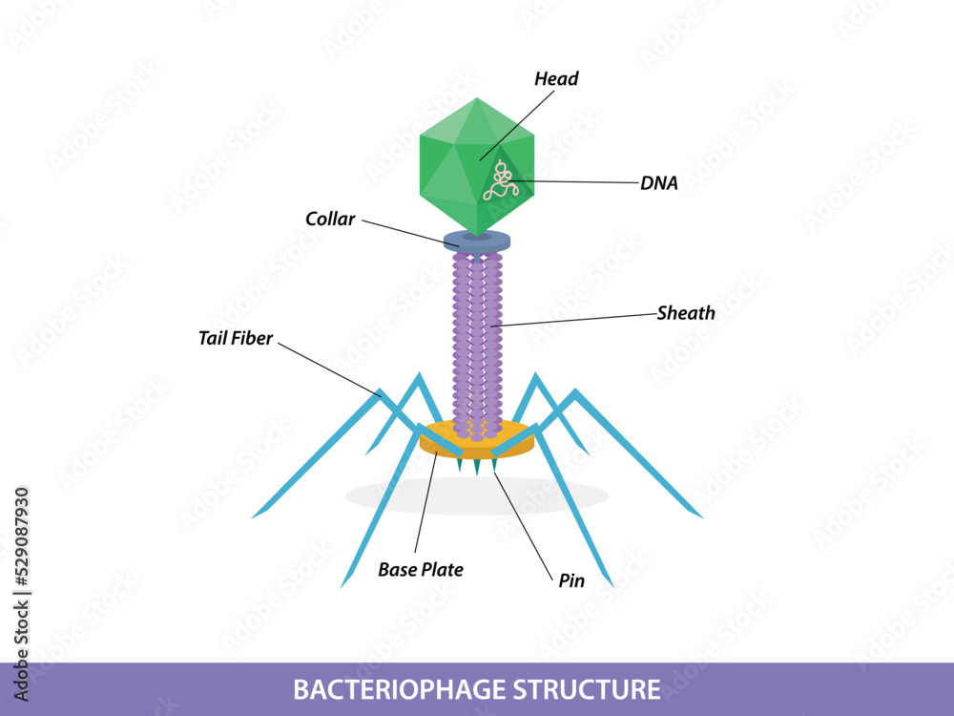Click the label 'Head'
click(x=556, y=79)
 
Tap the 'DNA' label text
click(x=659, y=184)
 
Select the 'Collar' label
click(x=330, y=220)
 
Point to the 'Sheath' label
click(x=686, y=313)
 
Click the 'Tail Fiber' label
click(x=236, y=338)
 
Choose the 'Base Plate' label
click(x=421, y=570)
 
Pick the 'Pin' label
click(x=571, y=580)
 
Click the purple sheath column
click(x=477, y=344)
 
